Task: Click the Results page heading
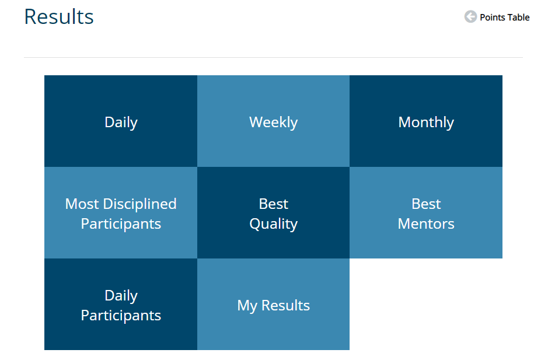[x=59, y=16]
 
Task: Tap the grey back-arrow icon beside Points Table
[x=470, y=16]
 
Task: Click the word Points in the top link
[x=493, y=17]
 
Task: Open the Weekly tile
[x=273, y=121]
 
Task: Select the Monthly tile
[x=426, y=121]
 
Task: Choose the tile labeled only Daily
[x=121, y=121]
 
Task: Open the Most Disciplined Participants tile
[x=121, y=212]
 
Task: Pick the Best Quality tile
[x=273, y=212]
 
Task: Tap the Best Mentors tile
[x=426, y=212]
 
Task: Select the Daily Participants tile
[x=121, y=304]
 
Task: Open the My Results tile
[x=273, y=304]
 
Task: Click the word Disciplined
[x=140, y=204]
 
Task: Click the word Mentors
[x=426, y=223]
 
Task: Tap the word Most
[x=82, y=204]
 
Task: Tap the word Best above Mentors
[x=426, y=204]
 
